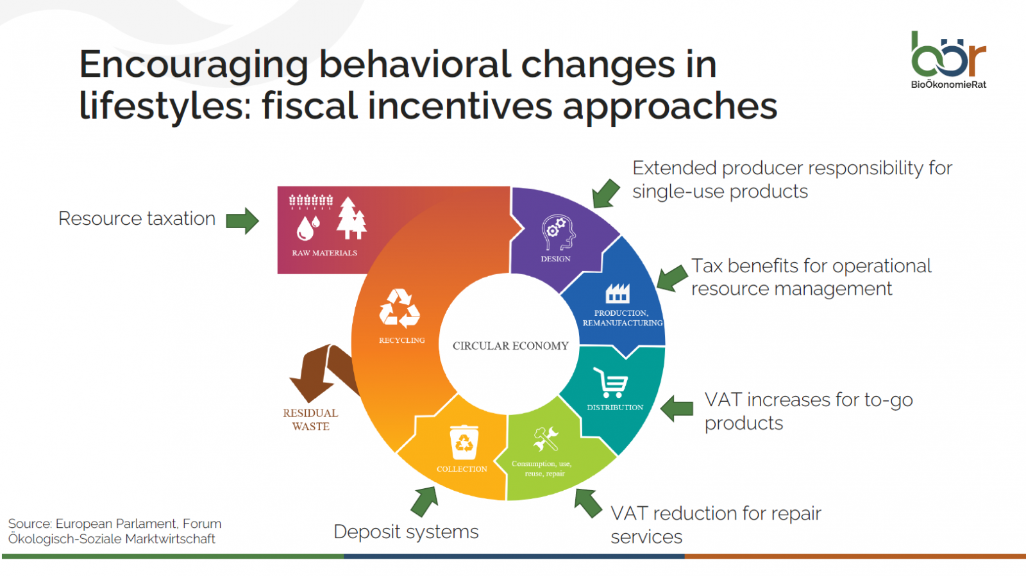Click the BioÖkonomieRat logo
(x=948, y=60)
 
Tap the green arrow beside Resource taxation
(x=243, y=220)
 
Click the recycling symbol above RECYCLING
(x=399, y=308)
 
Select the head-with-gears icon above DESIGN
(x=559, y=233)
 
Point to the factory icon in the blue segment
(x=618, y=293)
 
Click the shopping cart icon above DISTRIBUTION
(x=610, y=383)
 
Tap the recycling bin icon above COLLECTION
(x=464, y=442)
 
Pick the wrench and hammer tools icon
(x=546, y=439)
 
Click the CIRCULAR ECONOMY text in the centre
(x=510, y=346)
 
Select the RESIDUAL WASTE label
(x=310, y=420)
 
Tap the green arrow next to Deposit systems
(x=425, y=501)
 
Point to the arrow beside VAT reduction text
(x=588, y=503)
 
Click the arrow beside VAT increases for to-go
(x=677, y=408)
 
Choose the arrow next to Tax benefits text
(x=673, y=277)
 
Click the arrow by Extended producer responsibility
(x=605, y=193)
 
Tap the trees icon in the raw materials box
(x=351, y=218)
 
